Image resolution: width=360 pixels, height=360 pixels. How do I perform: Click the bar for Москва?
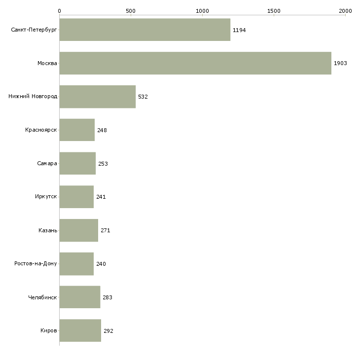click(195, 63)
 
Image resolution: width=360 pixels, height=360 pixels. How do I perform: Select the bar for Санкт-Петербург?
click(145, 30)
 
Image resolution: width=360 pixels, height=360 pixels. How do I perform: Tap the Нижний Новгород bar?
click(98, 97)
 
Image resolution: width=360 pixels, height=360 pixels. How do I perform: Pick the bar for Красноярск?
click(77, 130)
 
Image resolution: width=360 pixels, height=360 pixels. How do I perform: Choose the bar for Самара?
click(77, 163)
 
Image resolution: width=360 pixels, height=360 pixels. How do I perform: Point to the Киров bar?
click(80, 330)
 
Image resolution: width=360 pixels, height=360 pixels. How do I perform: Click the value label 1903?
click(340, 63)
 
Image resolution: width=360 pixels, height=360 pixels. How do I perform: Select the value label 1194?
click(239, 30)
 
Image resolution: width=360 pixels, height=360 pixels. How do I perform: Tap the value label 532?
click(143, 97)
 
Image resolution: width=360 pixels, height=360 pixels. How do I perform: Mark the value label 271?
click(106, 230)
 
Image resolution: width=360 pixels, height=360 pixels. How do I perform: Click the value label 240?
click(101, 264)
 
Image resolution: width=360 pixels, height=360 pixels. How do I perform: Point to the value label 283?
click(108, 297)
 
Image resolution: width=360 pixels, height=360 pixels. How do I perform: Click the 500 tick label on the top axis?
click(131, 11)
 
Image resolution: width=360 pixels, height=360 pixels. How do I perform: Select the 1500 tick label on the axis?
click(274, 11)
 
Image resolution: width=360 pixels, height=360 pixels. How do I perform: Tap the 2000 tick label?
click(345, 11)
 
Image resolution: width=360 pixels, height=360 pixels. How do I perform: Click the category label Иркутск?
click(46, 197)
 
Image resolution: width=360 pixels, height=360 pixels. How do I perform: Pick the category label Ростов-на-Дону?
click(36, 263)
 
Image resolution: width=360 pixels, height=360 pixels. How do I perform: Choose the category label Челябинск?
click(42, 297)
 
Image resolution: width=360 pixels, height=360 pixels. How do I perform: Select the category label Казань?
click(48, 230)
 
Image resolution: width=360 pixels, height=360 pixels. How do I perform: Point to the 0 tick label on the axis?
click(60, 11)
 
